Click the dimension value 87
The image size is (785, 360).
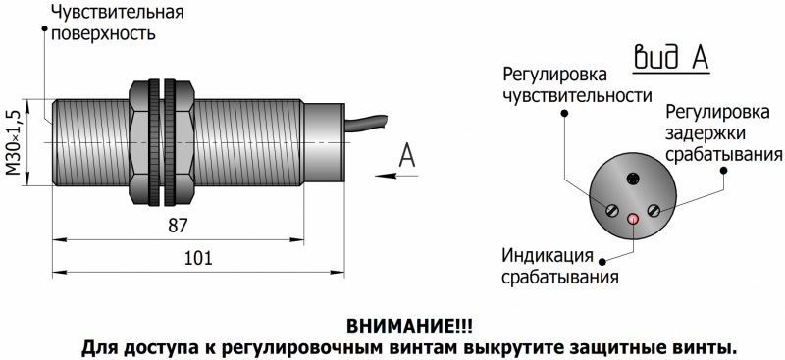pyautogui.click(x=178, y=226)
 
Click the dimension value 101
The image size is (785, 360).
pyautogui.click(x=199, y=258)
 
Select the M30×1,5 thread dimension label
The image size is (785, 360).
pyautogui.click(x=16, y=142)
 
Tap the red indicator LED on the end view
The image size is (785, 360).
pyautogui.click(x=634, y=219)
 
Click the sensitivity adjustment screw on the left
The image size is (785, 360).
pyautogui.click(x=610, y=210)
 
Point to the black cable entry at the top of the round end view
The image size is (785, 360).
pyautogui.click(x=633, y=179)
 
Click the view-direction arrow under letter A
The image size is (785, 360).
pyautogui.click(x=396, y=176)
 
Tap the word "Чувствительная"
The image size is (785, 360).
pyautogui.click(x=118, y=12)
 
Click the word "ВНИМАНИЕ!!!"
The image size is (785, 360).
pyautogui.click(x=409, y=326)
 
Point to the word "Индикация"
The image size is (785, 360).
pyautogui.click(x=548, y=255)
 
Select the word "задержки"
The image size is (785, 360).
pyautogui.click(x=705, y=133)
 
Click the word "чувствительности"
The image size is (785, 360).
pyautogui.click(x=577, y=94)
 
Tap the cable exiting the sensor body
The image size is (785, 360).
pyautogui.click(x=366, y=124)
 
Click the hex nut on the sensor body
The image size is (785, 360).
pyautogui.click(x=161, y=142)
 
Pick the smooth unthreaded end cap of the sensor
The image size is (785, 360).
pyautogui.click(x=324, y=142)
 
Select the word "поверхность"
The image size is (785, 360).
pyautogui.click(x=104, y=34)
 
